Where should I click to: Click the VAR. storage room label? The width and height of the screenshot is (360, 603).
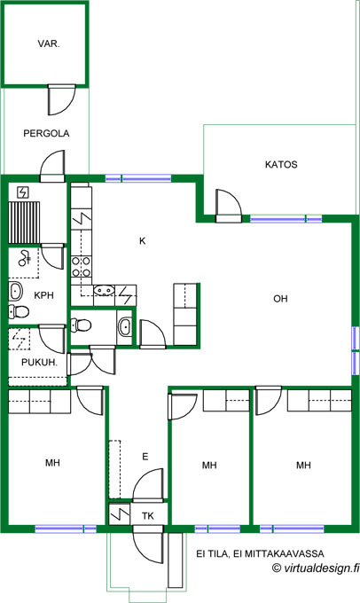pos(49,43)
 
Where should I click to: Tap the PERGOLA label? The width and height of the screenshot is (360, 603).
pos(46,133)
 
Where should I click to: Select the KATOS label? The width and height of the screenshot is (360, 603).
pos(281,165)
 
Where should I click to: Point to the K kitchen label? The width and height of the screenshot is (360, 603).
pos(142,241)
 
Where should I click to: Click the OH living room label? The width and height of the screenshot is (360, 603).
pos(280,299)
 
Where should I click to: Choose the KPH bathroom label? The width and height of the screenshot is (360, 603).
pos(43,295)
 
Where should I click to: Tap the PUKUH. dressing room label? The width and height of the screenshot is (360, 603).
pos(39,363)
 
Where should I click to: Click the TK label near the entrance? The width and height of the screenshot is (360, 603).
pos(148,516)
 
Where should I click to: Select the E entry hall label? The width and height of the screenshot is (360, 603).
pos(145,457)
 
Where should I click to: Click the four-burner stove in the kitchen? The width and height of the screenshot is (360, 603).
pos(82,267)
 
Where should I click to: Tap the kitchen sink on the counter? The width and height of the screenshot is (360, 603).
pos(104,290)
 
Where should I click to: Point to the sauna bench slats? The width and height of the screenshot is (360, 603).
pos(24,222)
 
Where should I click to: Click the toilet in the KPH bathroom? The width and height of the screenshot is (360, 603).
pos(19,311)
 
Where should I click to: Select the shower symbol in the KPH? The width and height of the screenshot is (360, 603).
pos(25,258)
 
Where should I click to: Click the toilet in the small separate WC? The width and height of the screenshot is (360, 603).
pos(81,325)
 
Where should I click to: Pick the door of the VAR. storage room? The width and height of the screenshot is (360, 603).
pos(61,99)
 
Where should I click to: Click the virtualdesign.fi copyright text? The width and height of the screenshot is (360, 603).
pos(315,568)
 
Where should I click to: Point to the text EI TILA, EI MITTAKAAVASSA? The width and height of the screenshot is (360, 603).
pos(260,553)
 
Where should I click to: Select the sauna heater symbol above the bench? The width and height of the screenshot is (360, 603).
pos(24,192)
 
